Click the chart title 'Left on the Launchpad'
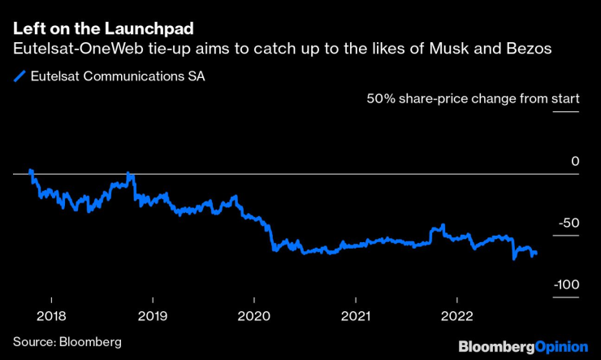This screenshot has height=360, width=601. (103, 28)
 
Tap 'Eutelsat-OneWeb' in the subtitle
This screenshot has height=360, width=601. (76, 50)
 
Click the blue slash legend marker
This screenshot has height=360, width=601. (19, 78)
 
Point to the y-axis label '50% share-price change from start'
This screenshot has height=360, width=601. (473, 99)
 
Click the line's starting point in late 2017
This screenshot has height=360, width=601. (30, 171)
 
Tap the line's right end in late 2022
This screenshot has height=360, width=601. (536, 254)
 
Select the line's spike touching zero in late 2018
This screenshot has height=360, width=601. (128, 174)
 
